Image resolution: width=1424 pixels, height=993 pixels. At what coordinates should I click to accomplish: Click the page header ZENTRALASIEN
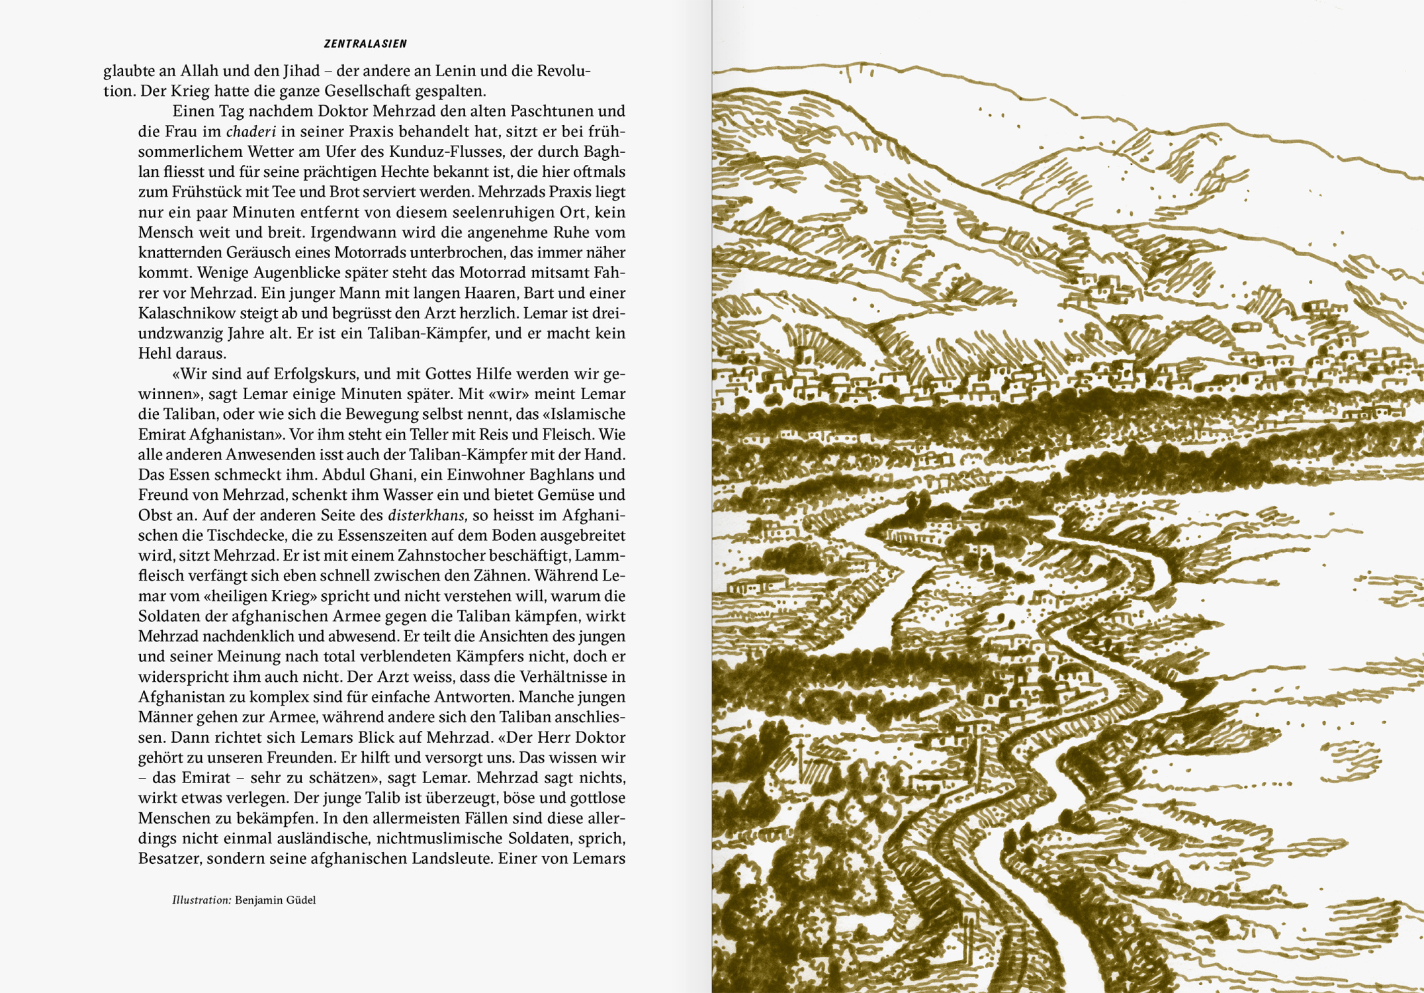[365, 44]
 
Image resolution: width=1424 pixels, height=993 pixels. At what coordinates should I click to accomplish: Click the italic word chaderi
[251, 132]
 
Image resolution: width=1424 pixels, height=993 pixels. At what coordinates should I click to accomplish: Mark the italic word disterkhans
[427, 516]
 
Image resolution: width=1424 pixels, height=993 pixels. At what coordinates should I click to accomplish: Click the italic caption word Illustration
[201, 900]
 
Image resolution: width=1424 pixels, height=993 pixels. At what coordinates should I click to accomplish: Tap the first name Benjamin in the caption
[263, 900]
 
